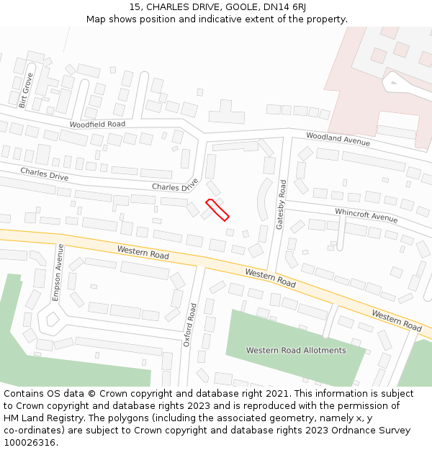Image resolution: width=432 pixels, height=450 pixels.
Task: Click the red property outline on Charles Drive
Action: click(217, 210)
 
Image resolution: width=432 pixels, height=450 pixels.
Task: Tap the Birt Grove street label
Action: click(26, 91)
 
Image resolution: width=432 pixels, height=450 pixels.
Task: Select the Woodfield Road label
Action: click(97, 125)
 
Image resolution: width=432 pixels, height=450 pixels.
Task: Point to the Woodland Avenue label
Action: click(338, 139)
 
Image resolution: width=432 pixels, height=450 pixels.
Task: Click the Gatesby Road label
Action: click(282, 204)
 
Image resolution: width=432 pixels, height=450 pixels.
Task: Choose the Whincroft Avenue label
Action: click(366, 215)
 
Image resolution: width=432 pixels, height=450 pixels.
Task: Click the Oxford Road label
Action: click(190, 325)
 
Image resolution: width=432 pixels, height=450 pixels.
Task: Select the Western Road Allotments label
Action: click(296, 351)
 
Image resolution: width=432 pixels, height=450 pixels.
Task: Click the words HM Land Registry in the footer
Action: click(37, 418)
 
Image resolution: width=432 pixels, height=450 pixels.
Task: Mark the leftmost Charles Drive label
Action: click(45, 174)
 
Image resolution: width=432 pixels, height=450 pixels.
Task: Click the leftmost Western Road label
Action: click(144, 252)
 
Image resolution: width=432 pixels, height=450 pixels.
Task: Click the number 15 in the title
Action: click(135, 7)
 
